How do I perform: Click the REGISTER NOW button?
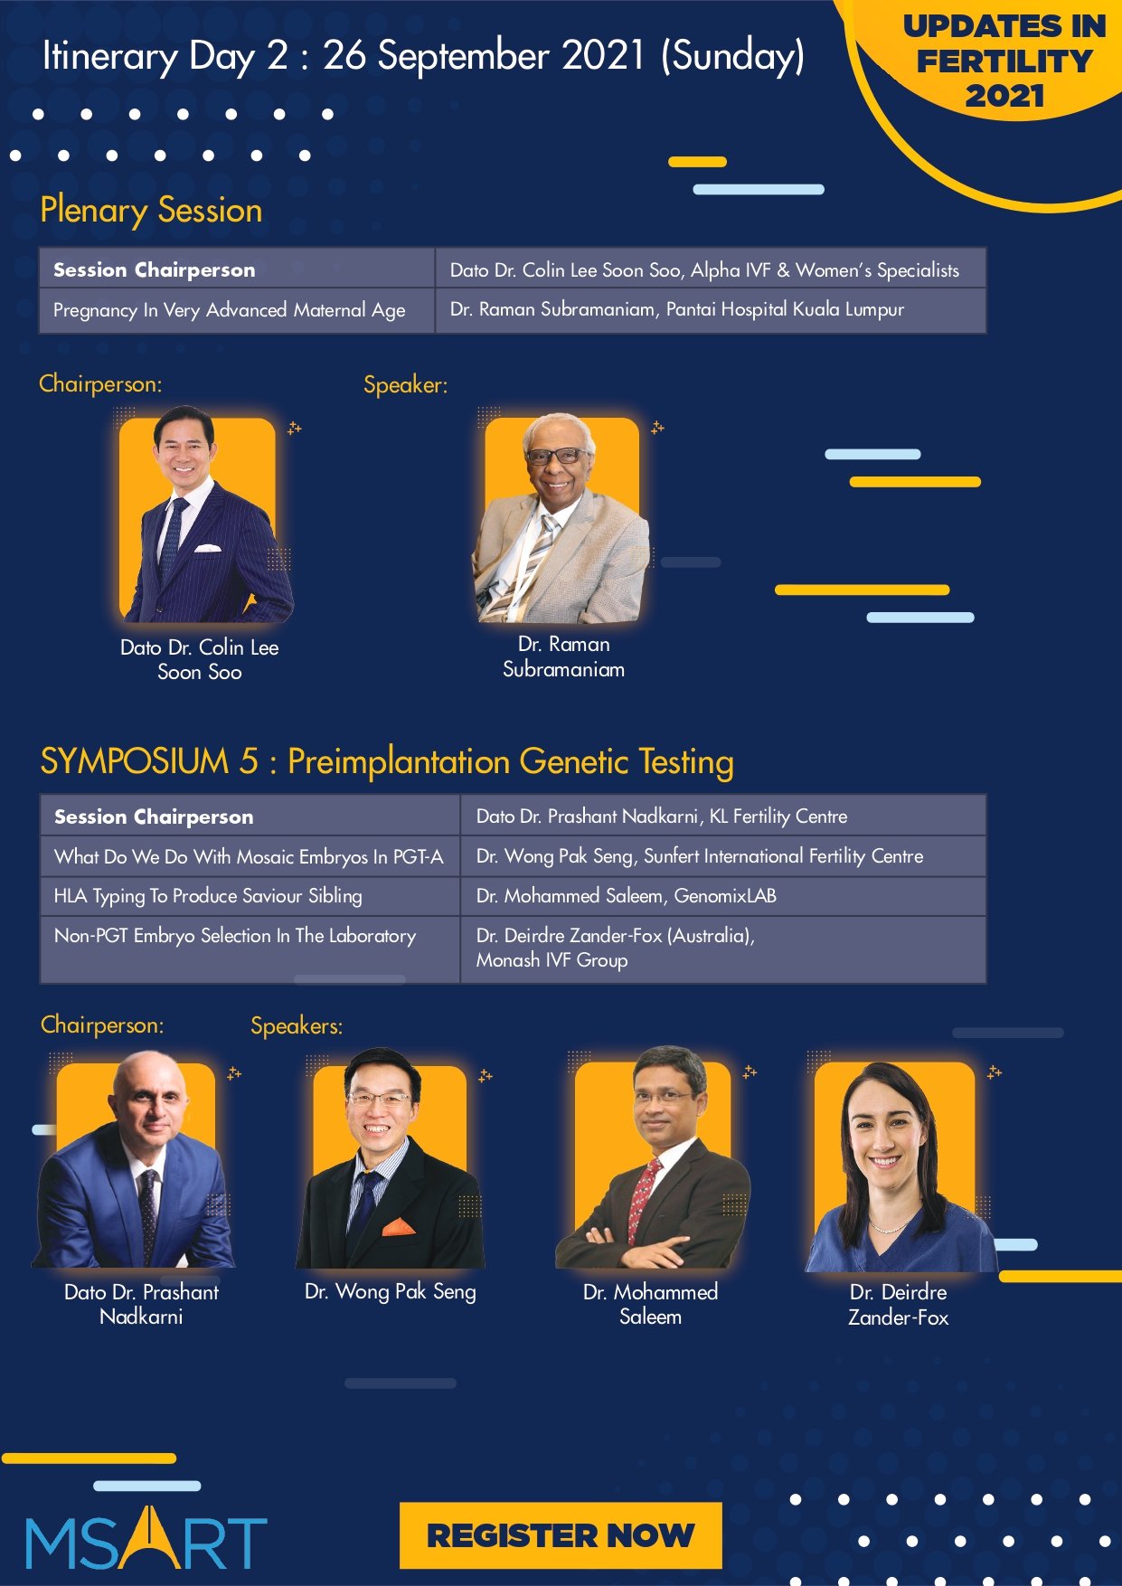(561, 1535)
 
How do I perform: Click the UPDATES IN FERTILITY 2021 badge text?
(1004, 61)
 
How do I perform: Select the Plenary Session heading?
(151, 211)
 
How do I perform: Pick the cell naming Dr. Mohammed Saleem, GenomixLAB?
(723, 896)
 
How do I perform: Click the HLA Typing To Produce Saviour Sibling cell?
(250, 896)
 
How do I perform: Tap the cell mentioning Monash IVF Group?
(723, 949)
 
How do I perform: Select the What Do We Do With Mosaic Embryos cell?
(250, 856)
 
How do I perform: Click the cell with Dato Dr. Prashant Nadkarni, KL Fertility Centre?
(723, 816)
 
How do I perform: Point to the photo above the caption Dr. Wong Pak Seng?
(391, 1158)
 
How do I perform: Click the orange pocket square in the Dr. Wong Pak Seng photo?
(399, 1227)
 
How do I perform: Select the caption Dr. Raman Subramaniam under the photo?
(563, 656)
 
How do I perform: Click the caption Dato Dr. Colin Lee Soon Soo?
(200, 659)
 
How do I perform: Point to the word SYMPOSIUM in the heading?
(135, 761)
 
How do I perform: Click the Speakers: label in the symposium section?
(297, 1025)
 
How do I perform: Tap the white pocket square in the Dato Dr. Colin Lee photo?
(208, 548)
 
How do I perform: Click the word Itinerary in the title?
(110, 56)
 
